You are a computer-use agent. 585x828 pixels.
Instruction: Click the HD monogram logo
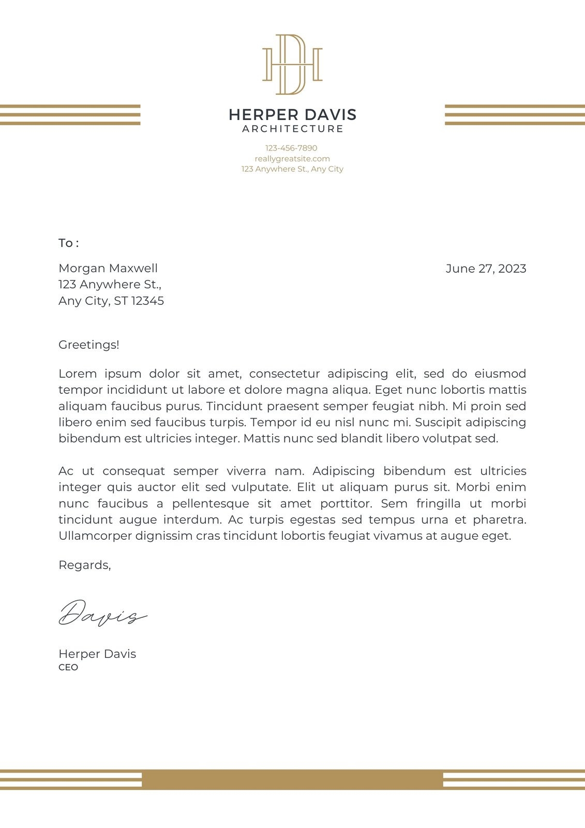(292, 65)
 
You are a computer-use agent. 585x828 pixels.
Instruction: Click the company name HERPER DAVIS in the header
(292, 114)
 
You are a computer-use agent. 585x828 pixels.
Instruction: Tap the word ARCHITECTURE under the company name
(292, 129)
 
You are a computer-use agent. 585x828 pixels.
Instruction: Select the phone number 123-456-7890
(291, 148)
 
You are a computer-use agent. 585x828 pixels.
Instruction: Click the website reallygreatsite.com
(292, 159)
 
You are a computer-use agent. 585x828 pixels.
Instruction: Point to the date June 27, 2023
(486, 269)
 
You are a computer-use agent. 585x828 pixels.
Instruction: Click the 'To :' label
(68, 243)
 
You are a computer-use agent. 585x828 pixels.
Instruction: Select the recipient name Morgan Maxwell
(108, 269)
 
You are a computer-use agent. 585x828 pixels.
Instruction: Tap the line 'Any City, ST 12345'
(111, 301)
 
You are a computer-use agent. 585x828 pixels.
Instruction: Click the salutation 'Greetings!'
(89, 345)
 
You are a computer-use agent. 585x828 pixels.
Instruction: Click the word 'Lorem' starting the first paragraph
(78, 374)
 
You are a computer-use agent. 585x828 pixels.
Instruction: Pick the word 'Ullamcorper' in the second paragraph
(95, 536)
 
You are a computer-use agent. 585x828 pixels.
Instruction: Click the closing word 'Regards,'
(85, 565)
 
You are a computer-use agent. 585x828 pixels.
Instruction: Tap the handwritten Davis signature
(102, 614)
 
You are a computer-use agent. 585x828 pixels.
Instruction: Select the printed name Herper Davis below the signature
(97, 654)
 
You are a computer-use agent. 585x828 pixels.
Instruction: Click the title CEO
(68, 668)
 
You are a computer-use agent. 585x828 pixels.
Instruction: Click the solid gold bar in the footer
(292, 779)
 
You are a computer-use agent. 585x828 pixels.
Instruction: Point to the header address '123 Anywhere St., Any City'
(292, 169)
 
